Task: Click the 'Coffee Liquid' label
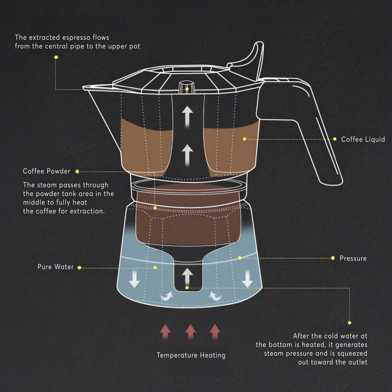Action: (x=363, y=139)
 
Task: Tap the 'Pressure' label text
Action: (x=353, y=258)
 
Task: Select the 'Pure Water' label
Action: (x=56, y=267)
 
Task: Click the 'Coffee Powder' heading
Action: (x=46, y=171)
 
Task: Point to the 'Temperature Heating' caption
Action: (x=191, y=355)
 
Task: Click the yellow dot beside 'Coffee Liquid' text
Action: (x=335, y=139)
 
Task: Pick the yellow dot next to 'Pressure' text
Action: (x=333, y=258)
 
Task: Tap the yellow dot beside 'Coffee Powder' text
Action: (x=77, y=171)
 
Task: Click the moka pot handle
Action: (x=319, y=138)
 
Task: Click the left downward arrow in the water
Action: (x=135, y=279)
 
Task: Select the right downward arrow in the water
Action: (x=247, y=279)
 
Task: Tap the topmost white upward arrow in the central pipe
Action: (x=187, y=116)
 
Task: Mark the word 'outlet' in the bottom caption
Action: (x=356, y=362)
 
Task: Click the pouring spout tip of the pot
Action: (x=85, y=87)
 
